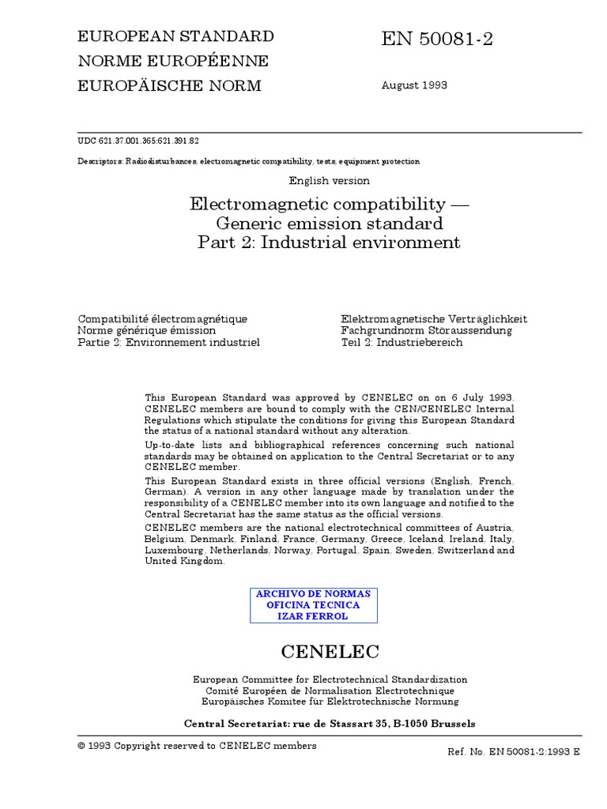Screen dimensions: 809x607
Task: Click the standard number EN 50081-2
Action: click(x=438, y=40)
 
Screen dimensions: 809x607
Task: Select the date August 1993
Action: click(x=415, y=85)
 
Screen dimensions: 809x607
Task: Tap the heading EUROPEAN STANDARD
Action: click(x=175, y=36)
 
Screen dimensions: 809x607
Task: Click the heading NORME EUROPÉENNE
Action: click(x=172, y=61)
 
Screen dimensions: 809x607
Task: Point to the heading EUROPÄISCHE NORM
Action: click(x=168, y=85)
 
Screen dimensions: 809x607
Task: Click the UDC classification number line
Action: click(x=138, y=141)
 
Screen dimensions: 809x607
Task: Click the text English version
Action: click(x=330, y=181)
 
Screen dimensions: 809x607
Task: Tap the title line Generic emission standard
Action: click(x=330, y=223)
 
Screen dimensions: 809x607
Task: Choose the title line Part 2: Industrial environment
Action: click(x=329, y=242)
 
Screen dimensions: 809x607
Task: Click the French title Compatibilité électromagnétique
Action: click(x=162, y=319)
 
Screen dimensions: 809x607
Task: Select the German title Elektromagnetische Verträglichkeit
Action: click(x=434, y=319)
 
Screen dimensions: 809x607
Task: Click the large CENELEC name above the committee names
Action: click(x=330, y=652)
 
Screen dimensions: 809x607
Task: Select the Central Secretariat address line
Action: click(x=330, y=723)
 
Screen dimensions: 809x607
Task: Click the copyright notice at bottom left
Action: click(x=197, y=746)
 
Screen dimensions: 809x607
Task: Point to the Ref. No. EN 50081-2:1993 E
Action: click(x=514, y=752)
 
